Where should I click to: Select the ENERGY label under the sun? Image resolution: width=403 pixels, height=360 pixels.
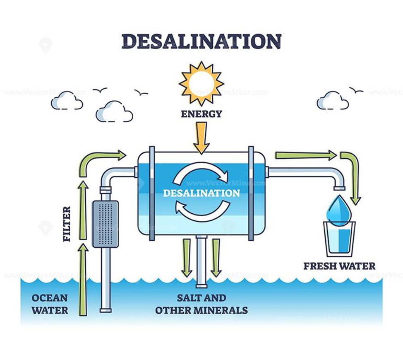(x=201, y=114)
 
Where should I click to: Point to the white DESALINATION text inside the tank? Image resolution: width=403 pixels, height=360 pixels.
(x=201, y=193)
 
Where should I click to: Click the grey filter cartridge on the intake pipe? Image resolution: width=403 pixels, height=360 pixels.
(x=105, y=224)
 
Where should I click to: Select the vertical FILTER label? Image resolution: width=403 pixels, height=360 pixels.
(x=66, y=224)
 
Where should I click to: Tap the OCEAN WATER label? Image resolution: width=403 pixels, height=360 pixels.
(x=50, y=304)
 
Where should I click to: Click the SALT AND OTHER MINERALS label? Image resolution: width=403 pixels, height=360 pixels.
(x=201, y=304)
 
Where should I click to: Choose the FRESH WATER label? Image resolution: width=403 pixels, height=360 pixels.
(x=339, y=266)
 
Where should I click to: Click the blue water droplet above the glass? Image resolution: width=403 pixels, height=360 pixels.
(x=338, y=209)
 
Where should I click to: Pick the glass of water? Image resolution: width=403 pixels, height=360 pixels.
(x=339, y=238)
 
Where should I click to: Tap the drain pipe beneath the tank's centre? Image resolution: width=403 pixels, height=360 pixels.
(x=201, y=261)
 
